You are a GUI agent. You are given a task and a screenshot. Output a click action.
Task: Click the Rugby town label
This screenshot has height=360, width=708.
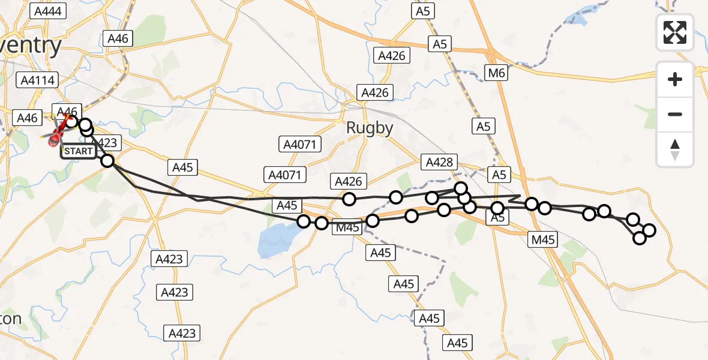[x=370, y=128]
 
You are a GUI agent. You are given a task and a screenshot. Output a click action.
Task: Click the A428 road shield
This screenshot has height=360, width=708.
[x=440, y=162]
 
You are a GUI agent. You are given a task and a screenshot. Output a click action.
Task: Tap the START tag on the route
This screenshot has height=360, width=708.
[x=79, y=151]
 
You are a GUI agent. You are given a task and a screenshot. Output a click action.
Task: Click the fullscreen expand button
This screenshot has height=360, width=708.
[x=675, y=32]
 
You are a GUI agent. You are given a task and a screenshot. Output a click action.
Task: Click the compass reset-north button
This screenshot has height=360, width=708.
[x=675, y=149]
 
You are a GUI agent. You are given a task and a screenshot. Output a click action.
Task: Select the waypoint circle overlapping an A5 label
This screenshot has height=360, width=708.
[x=497, y=209]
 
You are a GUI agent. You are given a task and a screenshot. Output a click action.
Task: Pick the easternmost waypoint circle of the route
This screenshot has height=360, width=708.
[x=649, y=230]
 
